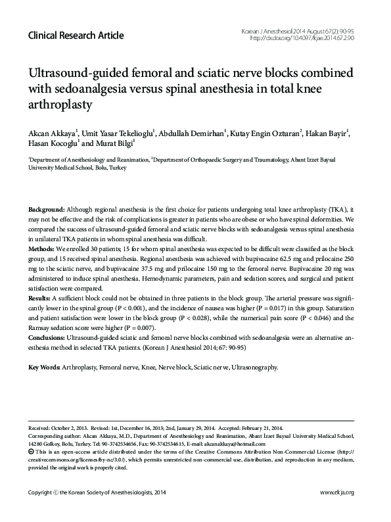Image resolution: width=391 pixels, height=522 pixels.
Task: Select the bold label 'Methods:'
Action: tap(43, 250)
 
